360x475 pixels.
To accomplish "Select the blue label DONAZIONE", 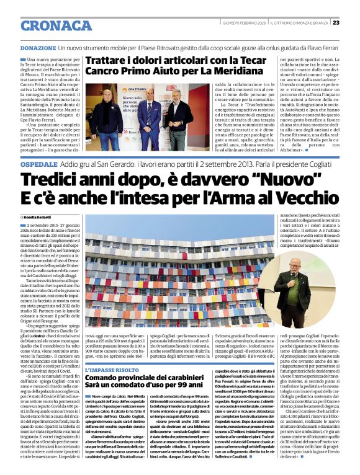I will tap(38, 47).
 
